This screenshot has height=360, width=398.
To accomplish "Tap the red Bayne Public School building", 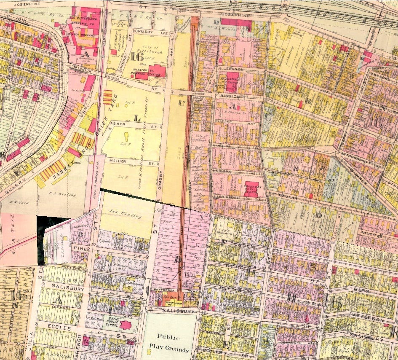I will pyautogui.click(x=125, y=325).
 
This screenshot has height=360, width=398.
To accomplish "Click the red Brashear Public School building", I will pyautogui.click(x=252, y=186).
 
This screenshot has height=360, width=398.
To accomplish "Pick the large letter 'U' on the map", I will pyautogui.click(x=182, y=102).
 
